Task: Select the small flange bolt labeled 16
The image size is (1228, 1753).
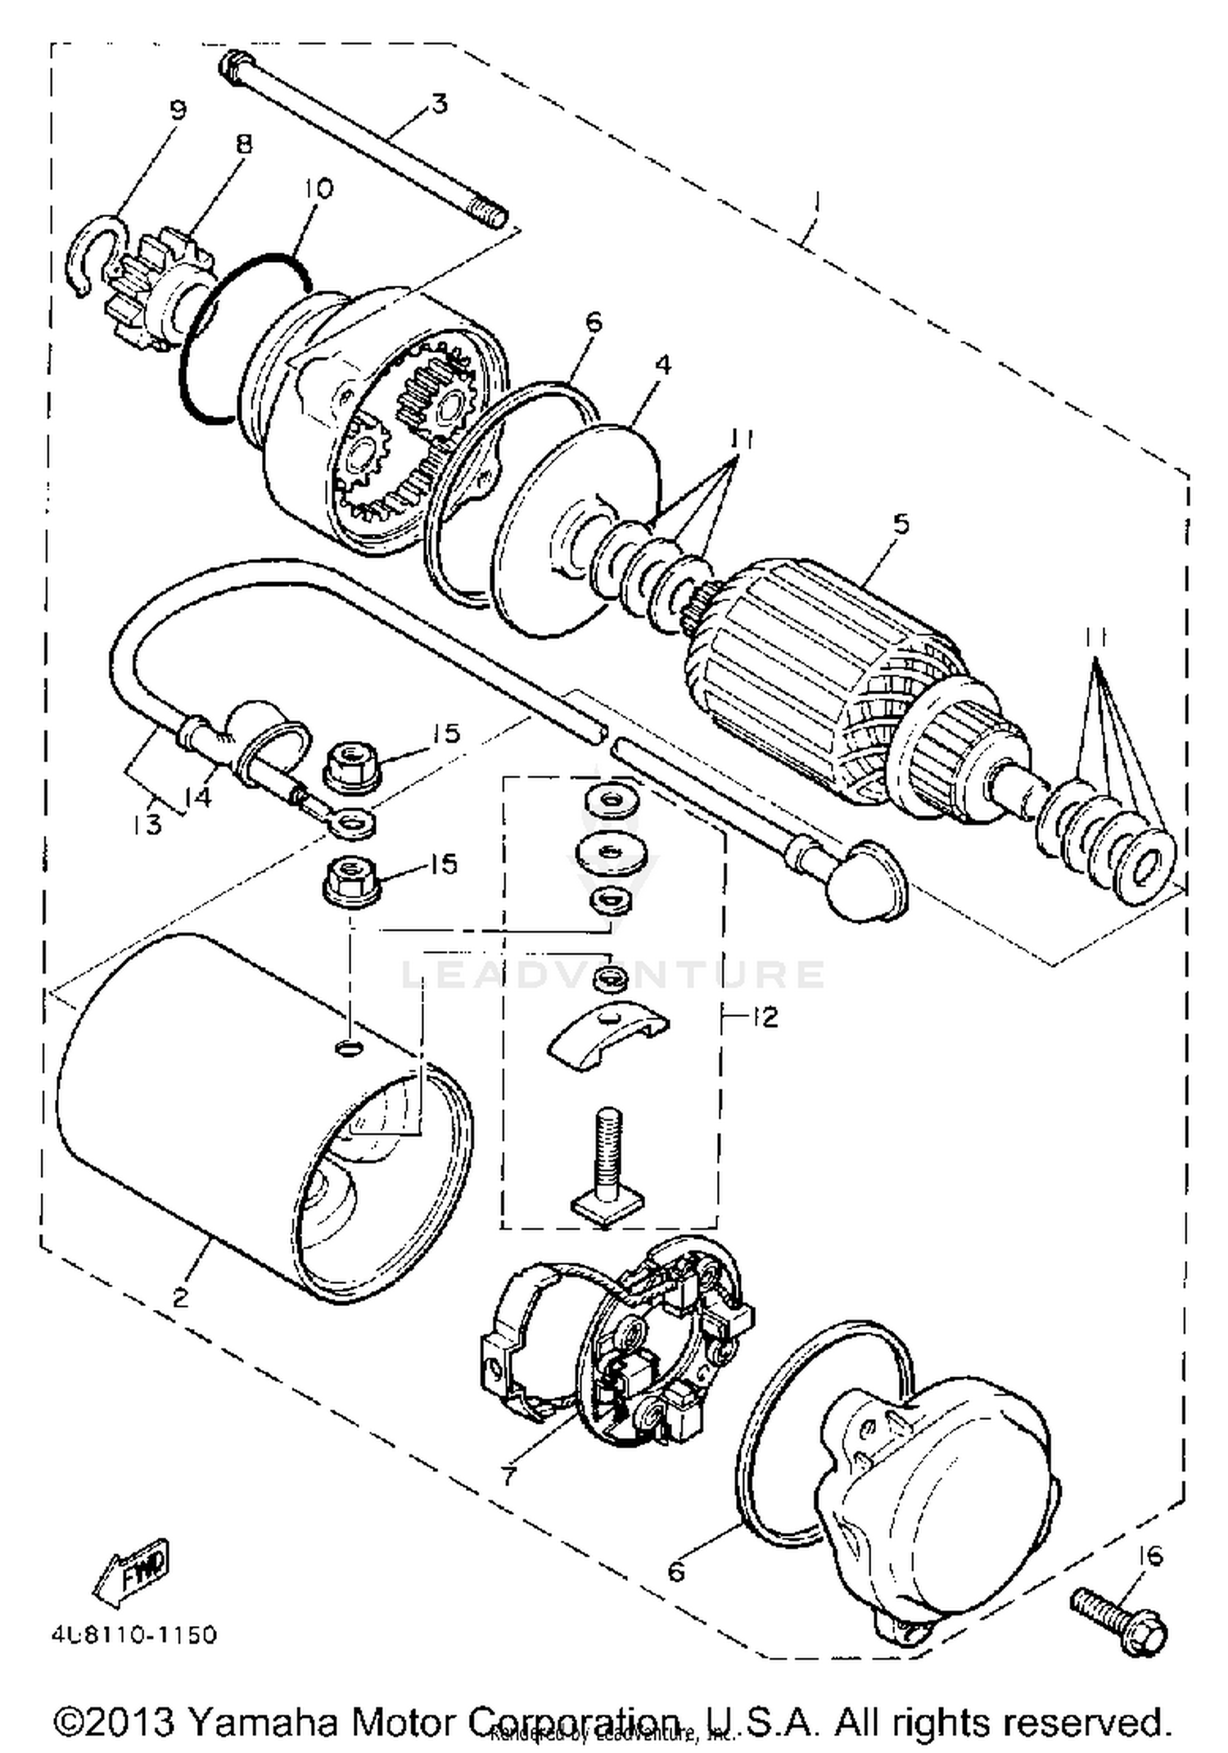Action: (1120, 1618)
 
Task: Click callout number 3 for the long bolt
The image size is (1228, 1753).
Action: (440, 104)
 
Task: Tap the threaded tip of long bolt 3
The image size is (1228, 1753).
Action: (489, 217)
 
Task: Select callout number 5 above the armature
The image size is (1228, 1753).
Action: (901, 522)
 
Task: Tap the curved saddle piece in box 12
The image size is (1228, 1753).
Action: (607, 1036)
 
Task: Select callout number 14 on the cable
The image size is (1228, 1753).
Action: (199, 796)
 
